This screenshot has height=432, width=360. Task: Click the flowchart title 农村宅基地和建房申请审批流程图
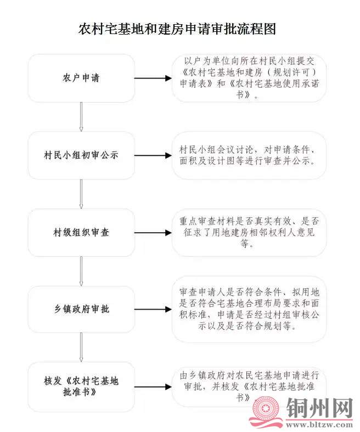(x=177, y=29)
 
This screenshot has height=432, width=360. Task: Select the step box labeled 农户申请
(x=81, y=78)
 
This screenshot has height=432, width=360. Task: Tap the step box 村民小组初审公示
(x=81, y=155)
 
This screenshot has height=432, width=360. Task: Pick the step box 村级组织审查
(x=81, y=232)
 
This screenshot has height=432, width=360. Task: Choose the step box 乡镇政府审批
(x=81, y=309)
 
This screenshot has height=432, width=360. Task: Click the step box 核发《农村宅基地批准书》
(x=81, y=386)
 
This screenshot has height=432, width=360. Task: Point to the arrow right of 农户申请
(x=153, y=78)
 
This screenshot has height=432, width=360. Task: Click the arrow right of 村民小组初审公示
(x=153, y=155)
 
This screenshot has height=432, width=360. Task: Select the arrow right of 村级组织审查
(x=153, y=232)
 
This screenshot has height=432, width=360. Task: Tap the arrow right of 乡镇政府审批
(x=153, y=309)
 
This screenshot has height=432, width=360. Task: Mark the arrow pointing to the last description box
(x=153, y=386)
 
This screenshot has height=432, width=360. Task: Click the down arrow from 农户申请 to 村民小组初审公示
(x=81, y=116)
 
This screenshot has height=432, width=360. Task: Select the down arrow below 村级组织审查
(x=81, y=271)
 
